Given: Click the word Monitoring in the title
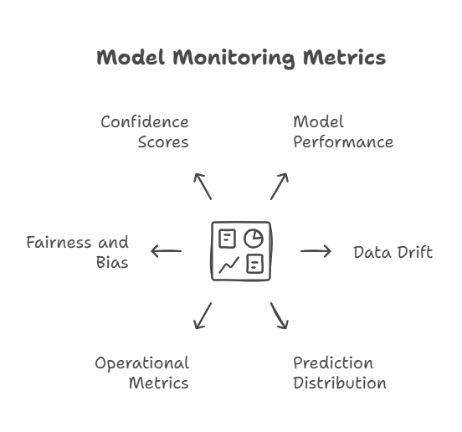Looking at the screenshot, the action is click(234, 59).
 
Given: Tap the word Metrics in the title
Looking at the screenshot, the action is click(345, 58).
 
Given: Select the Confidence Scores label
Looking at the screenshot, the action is click(145, 131).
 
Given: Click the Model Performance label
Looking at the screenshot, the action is click(343, 131).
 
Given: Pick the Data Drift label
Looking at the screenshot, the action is click(393, 252).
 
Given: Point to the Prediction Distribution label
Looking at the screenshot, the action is click(340, 373).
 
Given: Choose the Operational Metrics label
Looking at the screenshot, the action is click(141, 373).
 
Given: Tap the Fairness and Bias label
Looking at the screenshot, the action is click(78, 252).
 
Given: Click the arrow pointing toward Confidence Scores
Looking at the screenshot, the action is click(203, 187).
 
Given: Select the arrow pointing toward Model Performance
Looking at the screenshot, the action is click(280, 187).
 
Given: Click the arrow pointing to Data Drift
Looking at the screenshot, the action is click(316, 251).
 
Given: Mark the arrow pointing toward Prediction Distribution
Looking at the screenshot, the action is click(280, 316).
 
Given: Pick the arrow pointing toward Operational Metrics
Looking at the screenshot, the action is click(203, 316).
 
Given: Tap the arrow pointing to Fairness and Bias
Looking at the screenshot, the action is click(167, 251).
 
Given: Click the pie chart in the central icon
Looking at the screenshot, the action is click(254, 238).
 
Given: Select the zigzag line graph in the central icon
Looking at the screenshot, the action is click(229, 265).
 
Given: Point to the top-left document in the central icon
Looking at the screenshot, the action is click(227, 239).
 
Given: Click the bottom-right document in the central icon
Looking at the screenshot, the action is click(255, 264).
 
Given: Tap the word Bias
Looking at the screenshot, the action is click(112, 262).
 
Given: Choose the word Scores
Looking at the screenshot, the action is click(163, 142).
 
